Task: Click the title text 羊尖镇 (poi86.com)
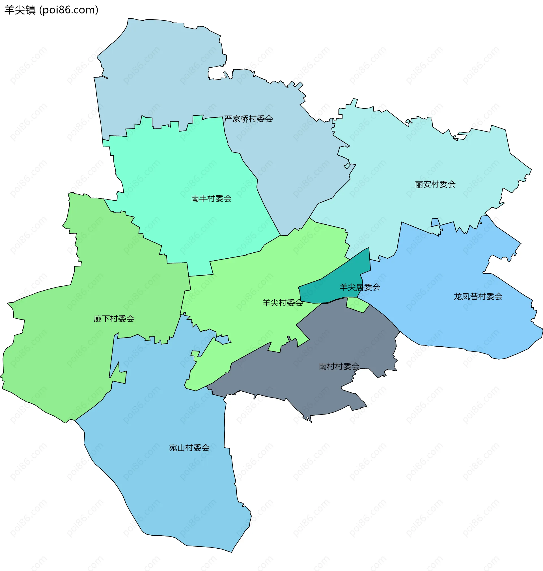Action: point(51,10)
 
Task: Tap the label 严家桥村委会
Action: point(248,119)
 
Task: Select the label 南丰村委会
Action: point(211,199)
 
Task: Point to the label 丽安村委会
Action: point(435,184)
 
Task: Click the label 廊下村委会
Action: point(114,319)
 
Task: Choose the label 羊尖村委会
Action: point(283,303)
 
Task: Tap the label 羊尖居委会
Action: point(360,287)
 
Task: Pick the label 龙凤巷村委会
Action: point(478,297)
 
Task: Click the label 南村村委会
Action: point(339,367)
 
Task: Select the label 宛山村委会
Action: point(189,448)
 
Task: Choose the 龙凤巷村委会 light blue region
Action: point(463,324)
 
